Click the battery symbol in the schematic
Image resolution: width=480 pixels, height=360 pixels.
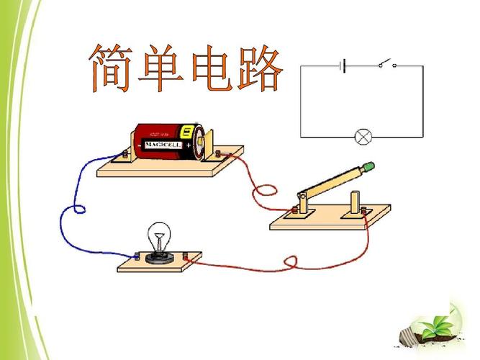[344, 66]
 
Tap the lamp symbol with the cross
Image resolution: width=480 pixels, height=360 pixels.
[362, 135]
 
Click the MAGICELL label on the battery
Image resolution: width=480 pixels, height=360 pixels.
[163, 144]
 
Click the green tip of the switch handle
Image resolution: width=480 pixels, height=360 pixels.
[369, 167]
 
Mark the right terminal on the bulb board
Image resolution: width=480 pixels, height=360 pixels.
[186, 255]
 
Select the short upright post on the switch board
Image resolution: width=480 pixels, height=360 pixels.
[354, 201]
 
